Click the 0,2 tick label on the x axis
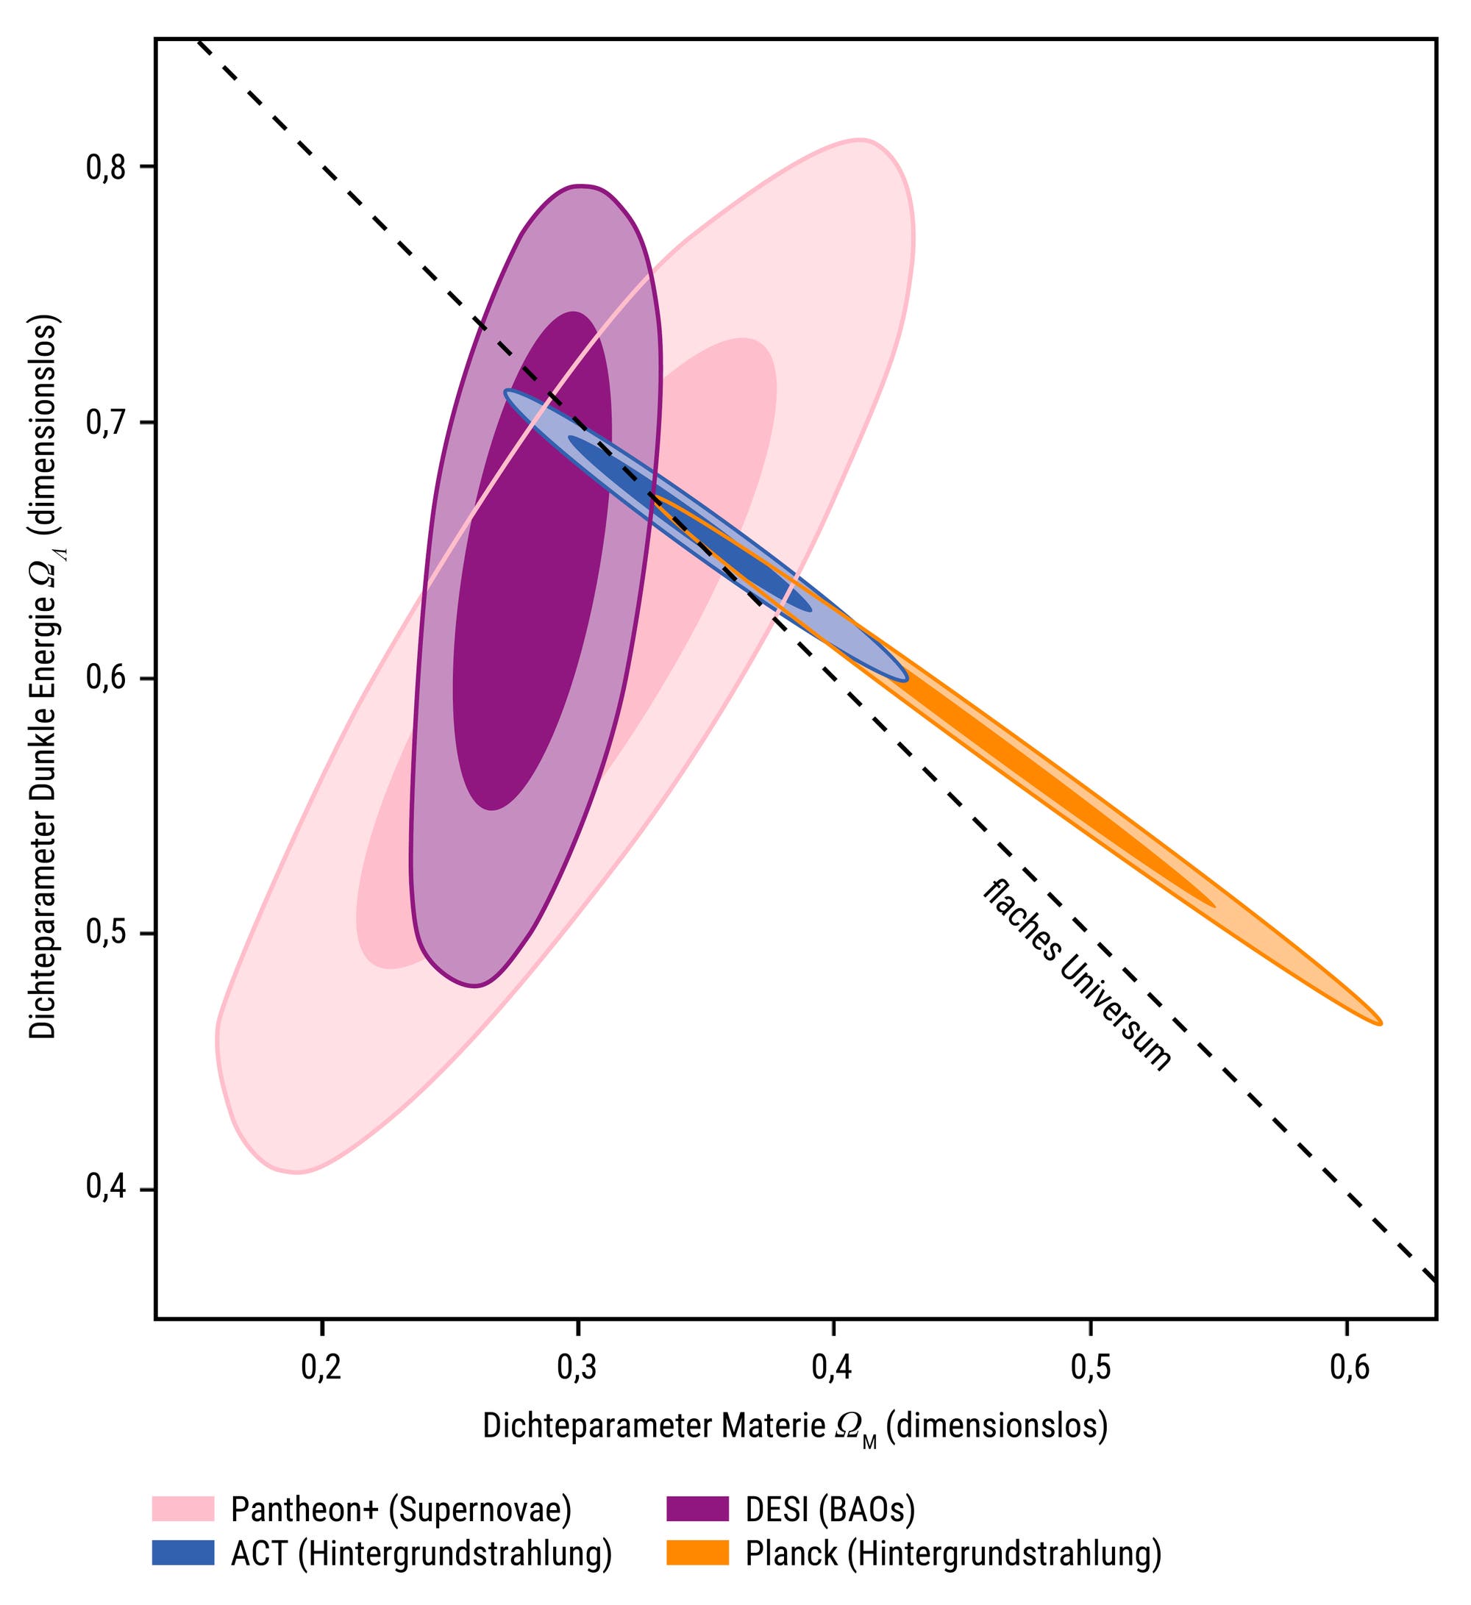click(x=321, y=1368)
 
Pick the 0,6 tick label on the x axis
click(x=1349, y=1368)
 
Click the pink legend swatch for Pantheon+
click(x=183, y=1509)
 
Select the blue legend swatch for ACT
click(x=183, y=1554)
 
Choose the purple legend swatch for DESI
click(x=698, y=1509)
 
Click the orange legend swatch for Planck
click(x=698, y=1554)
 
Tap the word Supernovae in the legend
click(x=481, y=1510)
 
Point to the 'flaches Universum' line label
click(x=1077, y=976)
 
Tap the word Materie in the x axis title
click(x=773, y=1426)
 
